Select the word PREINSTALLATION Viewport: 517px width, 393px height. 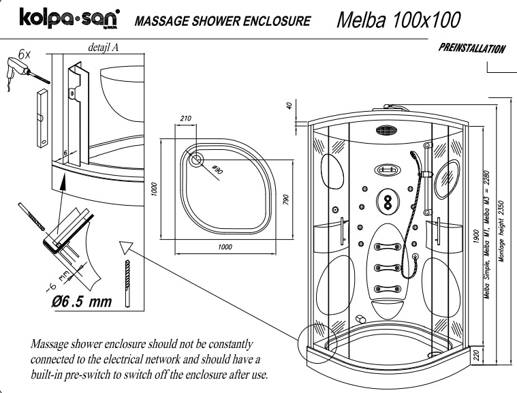[471, 48]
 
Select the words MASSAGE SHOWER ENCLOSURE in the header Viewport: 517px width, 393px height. [223, 20]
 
